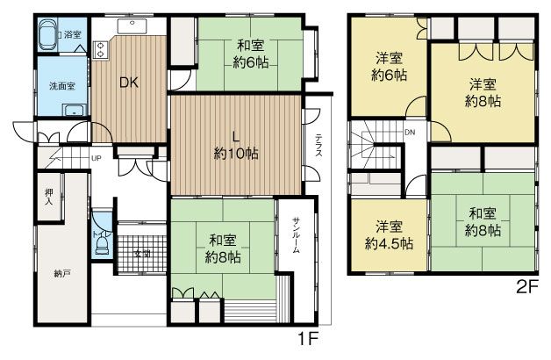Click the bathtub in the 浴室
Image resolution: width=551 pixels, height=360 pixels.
click(47, 35)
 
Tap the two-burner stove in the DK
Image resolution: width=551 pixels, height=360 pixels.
click(99, 49)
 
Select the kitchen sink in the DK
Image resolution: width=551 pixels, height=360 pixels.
click(132, 25)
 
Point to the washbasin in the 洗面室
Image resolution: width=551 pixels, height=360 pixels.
click(74, 110)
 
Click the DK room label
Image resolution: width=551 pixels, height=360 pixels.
click(129, 83)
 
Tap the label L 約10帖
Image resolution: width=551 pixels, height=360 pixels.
click(236, 145)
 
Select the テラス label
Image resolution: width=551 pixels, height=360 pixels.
click(318, 145)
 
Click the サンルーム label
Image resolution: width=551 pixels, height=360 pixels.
click(296, 235)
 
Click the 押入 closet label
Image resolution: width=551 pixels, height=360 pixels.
click(49, 197)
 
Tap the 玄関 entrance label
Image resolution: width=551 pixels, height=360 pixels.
click(143, 253)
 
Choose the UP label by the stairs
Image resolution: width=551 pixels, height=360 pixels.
click(97, 158)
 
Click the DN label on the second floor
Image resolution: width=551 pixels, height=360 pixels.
click(410, 133)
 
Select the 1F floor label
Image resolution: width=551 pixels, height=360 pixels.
click(308, 339)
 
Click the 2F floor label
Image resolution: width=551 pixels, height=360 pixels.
click(527, 288)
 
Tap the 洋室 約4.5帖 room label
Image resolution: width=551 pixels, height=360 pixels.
click(389, 235)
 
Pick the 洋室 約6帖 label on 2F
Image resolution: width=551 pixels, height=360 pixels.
click(389, 66)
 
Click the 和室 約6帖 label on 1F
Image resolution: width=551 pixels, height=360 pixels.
click(251, 54)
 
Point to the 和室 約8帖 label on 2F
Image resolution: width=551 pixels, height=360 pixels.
click(483, 222)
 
